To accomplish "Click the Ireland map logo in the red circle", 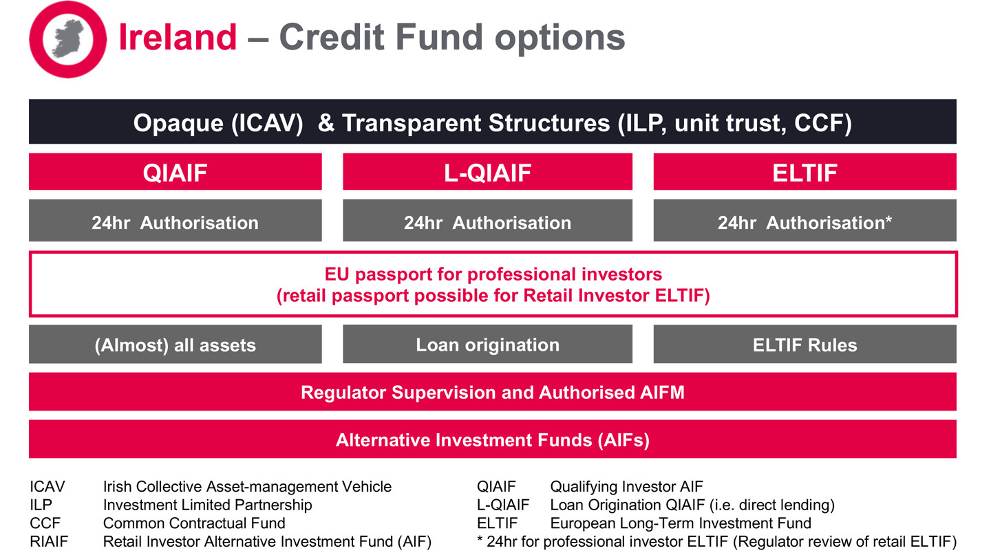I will [67, 39].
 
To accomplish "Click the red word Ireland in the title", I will [178, 37].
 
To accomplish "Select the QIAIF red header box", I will [175, 172].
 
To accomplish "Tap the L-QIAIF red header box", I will [487, 172].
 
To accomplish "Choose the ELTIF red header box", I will [804, 172].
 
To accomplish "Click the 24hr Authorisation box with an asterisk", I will [804, 222].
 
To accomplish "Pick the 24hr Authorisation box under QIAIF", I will [175, 222].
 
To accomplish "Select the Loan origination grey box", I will [487, 345].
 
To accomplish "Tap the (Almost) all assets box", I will [175, 345].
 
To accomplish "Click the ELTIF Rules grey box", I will [804, 345].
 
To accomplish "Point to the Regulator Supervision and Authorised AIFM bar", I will [492, 393].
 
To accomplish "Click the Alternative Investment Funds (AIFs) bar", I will [492, 439].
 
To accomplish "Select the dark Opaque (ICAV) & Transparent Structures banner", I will [492, 122].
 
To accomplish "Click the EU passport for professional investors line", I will [493, 274].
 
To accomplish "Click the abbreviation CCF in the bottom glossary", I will [43, 523].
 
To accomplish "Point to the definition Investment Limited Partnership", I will [207, 505].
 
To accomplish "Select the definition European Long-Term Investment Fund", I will [681, 523].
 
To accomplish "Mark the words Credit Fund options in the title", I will [451, 37].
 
